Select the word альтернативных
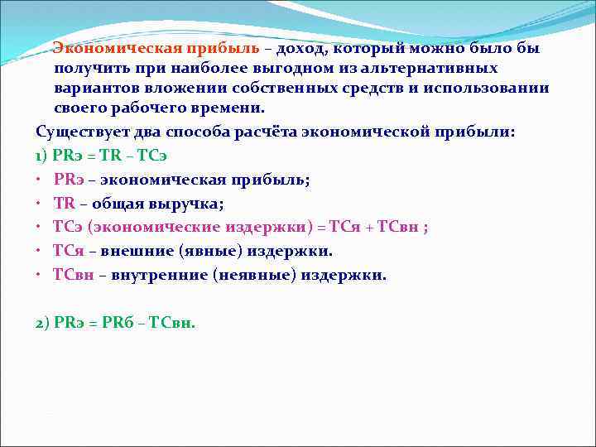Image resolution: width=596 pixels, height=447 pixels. pyautogui.click(x=438, y=68)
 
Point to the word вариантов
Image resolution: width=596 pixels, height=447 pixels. pyautogui.click(x=92, y=88)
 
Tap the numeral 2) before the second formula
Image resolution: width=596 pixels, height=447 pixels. pyautogui.click(x=42, y=323)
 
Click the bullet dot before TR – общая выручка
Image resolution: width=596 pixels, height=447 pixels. pyautogui.click(x=39, y=204)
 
